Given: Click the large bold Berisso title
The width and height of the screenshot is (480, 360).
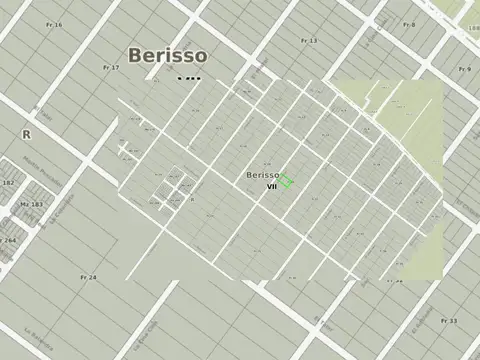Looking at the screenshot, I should [167, 55].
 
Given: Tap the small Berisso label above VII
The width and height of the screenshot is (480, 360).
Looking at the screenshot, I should [262, 175].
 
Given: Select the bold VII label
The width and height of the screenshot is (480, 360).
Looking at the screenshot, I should [270, 187].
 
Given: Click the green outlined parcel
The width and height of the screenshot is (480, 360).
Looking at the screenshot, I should [285, 181].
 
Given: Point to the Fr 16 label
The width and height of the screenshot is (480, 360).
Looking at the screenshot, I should [54, 24].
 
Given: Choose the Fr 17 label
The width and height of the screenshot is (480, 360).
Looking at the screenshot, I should [111, 67].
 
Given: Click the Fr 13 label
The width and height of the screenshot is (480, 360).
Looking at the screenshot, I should [309, 40].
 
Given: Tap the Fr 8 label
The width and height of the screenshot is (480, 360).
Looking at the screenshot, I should [409, 24].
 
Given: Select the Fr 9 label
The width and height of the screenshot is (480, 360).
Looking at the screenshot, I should [464, 69].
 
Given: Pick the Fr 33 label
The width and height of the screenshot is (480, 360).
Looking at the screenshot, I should [449, 321].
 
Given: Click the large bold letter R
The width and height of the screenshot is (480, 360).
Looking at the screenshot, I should [26, 133].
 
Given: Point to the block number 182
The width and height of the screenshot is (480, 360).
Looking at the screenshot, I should [8, 183].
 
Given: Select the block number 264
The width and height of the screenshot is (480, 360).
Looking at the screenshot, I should [8, 240].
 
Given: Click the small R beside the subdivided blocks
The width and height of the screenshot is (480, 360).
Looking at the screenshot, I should [191, 200].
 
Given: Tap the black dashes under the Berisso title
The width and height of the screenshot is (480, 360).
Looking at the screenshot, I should [188, 78].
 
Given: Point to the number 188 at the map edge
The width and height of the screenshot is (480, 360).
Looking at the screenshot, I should [473, 29].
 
